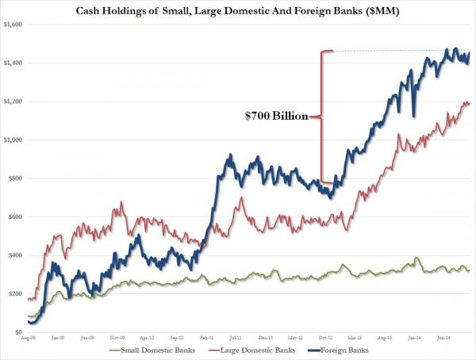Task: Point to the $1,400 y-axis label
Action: click(13, 63)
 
